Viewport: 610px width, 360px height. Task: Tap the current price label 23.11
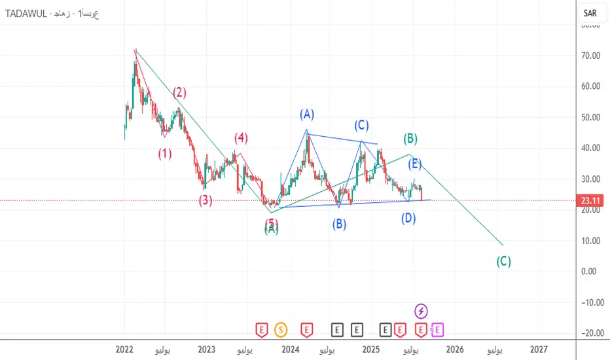coord(592,200)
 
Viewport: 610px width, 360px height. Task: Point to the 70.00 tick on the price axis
coord(591,56)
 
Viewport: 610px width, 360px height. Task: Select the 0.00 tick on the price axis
coord(591,272)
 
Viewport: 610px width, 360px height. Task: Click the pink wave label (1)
coord(164,154)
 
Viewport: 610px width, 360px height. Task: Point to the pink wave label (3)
coord(206,200)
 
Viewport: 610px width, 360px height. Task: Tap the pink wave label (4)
coord(242,138)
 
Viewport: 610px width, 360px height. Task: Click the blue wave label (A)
coord(307,115)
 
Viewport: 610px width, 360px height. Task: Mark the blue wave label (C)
coord(361,124)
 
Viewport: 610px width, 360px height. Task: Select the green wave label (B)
coord(410,138)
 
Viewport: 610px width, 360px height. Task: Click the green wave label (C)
coord(503,261)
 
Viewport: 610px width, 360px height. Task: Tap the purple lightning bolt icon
coord(422,310)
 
